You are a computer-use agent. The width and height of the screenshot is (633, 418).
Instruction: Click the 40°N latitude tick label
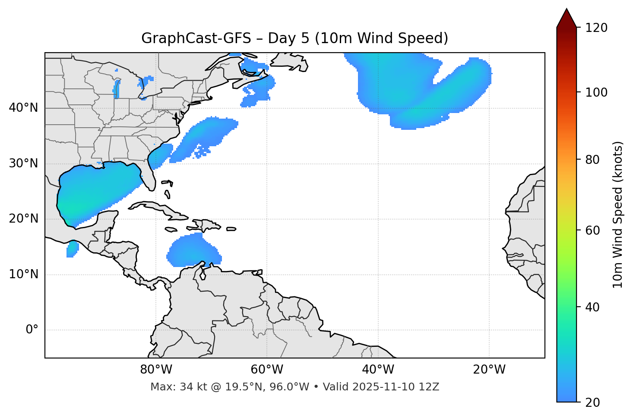23,108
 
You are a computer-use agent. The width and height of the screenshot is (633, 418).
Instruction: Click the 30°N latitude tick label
23,163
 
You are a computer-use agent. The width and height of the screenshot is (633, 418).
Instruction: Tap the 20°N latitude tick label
23,219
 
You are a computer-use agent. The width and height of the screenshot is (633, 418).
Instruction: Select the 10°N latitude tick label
23,274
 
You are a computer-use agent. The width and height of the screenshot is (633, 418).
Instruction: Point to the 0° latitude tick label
32,330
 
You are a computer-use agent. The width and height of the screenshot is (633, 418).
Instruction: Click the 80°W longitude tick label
156,370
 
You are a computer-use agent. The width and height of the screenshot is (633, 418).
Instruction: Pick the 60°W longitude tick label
267,370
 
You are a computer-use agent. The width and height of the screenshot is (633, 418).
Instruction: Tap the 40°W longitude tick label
378,370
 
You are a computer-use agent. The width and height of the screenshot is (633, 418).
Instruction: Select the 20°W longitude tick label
489,370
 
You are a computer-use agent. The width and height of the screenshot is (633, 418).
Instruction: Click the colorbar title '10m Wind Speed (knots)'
618,214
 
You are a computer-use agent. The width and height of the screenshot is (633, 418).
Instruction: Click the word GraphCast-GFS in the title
196,38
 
